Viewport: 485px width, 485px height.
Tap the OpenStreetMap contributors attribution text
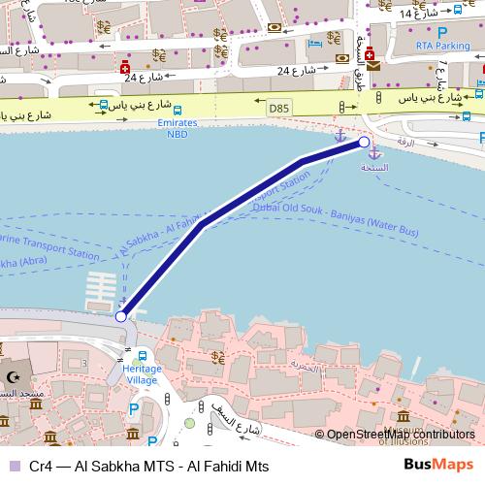[401, 435]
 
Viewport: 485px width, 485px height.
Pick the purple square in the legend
[13, 467]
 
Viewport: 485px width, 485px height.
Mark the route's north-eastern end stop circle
[364, 143]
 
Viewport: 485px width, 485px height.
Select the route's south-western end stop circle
[120, 316]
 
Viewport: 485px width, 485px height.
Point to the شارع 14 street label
[418, 15]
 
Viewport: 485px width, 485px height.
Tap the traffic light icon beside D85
[341, 108]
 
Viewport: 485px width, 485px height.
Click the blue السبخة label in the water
[374, 168]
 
